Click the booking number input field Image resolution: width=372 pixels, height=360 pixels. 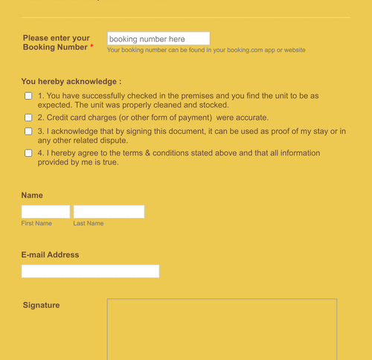coord(158,39)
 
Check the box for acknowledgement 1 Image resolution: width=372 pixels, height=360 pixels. coord(28,96)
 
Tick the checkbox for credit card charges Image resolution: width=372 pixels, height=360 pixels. coord(28,118)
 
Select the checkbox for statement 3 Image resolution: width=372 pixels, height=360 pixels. coord(28,132)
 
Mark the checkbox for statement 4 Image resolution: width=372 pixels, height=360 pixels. coord(28,153)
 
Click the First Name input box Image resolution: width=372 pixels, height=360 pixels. coord(45,212)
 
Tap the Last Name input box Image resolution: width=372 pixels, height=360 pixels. coord(109,212)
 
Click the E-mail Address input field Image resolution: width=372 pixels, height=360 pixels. coord(90,271)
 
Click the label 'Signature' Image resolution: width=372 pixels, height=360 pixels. coord(41,305)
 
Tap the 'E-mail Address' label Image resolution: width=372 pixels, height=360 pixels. coord(50,254)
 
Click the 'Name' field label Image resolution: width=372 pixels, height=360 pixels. coord(32,195)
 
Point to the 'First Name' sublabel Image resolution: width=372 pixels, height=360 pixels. coord(36,223)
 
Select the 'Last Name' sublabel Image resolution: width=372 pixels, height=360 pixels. coord(89,223)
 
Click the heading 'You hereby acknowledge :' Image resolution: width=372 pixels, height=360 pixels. coord(71,81)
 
